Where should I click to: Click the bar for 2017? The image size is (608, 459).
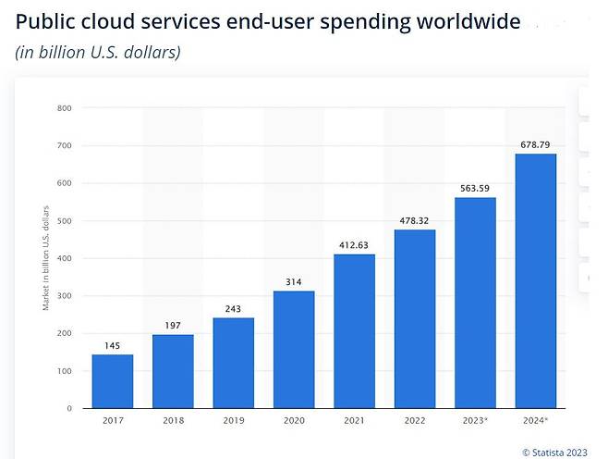(113, 381)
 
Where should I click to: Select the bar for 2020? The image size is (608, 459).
(294, 350)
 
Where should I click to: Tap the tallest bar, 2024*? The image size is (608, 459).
(536, 280)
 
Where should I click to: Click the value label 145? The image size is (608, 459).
(113, 345)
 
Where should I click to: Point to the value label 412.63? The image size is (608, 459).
(354, 245)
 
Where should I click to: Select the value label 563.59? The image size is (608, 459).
(475, 189)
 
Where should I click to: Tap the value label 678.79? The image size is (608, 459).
(536, 144)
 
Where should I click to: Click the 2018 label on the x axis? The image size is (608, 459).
(173, 421)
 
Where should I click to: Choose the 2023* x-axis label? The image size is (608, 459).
(476, 421)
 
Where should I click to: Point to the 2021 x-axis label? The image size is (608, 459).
(354, 421)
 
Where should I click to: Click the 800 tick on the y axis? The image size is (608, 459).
(64, 108)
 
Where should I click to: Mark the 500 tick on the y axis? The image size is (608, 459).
(64, 221)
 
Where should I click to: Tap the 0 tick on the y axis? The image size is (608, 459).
(68, 408)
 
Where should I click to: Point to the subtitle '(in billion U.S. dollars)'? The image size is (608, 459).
(98, 52)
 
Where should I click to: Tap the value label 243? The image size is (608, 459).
(233, 309)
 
